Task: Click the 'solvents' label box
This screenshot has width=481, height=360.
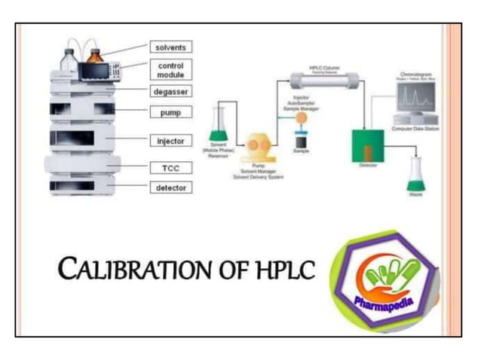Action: click(x=170, y=47)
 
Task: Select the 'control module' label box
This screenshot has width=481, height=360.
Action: click(x=170, y=70)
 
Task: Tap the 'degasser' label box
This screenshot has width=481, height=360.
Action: click(x=170, y=91)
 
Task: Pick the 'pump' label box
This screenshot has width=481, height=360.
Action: click(x=170, y=112)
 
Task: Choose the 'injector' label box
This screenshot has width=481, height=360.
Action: click(x=170, y=141)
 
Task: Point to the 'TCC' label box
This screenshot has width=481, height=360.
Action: click(x=170, y=166)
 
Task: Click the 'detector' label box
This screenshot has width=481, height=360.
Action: click(x=170, y=188)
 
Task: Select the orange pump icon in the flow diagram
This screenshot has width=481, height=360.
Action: click(x=257, y=145)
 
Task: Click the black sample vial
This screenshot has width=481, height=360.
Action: click(x=300, y=140)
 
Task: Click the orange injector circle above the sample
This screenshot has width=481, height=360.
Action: click(x=300, y=117)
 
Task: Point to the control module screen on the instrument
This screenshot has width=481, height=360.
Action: click(x=94, y=72)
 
